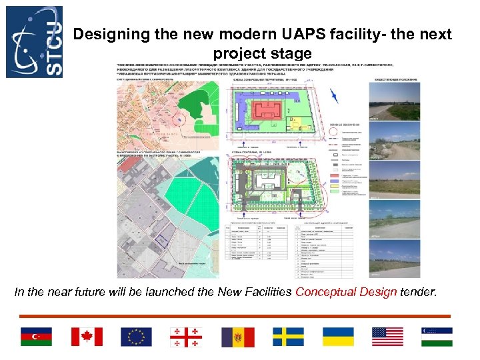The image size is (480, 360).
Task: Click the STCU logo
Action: pyautogui.click(x=34, y=41)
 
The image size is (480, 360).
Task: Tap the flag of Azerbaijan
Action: pyautogui.click(x=36, y=337)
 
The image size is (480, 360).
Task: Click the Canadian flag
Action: pyautogui.click(x=87, y=337)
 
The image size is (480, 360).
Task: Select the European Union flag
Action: pyautogui.click(x=136, y=337)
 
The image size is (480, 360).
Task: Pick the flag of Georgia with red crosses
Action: pyautogui.click(x=187, y=337)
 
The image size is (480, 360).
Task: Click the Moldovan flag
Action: pyautogui.click(x=237, y=337)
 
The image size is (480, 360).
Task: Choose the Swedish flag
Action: pyautogui.click(x=287, y=337)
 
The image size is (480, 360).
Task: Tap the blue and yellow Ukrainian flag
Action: pyautogui.click(x=337, y=337)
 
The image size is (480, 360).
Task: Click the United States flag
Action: pyautogui.click(x=387, y=337)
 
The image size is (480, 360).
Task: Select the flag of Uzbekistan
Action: pyautogui.click(x=437, y=337)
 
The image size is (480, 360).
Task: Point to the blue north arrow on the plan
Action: pyautogui.click(x=335, y=95)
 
